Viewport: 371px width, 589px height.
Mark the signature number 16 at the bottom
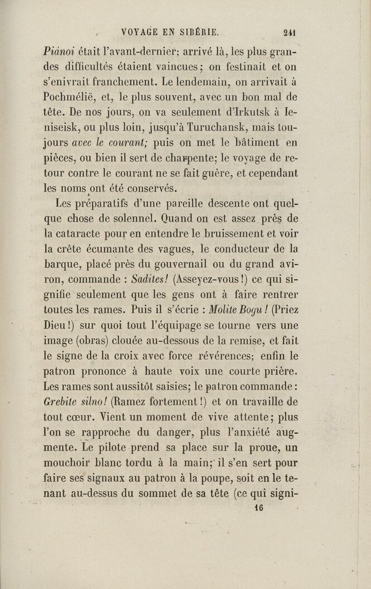(x=258, y=508)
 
